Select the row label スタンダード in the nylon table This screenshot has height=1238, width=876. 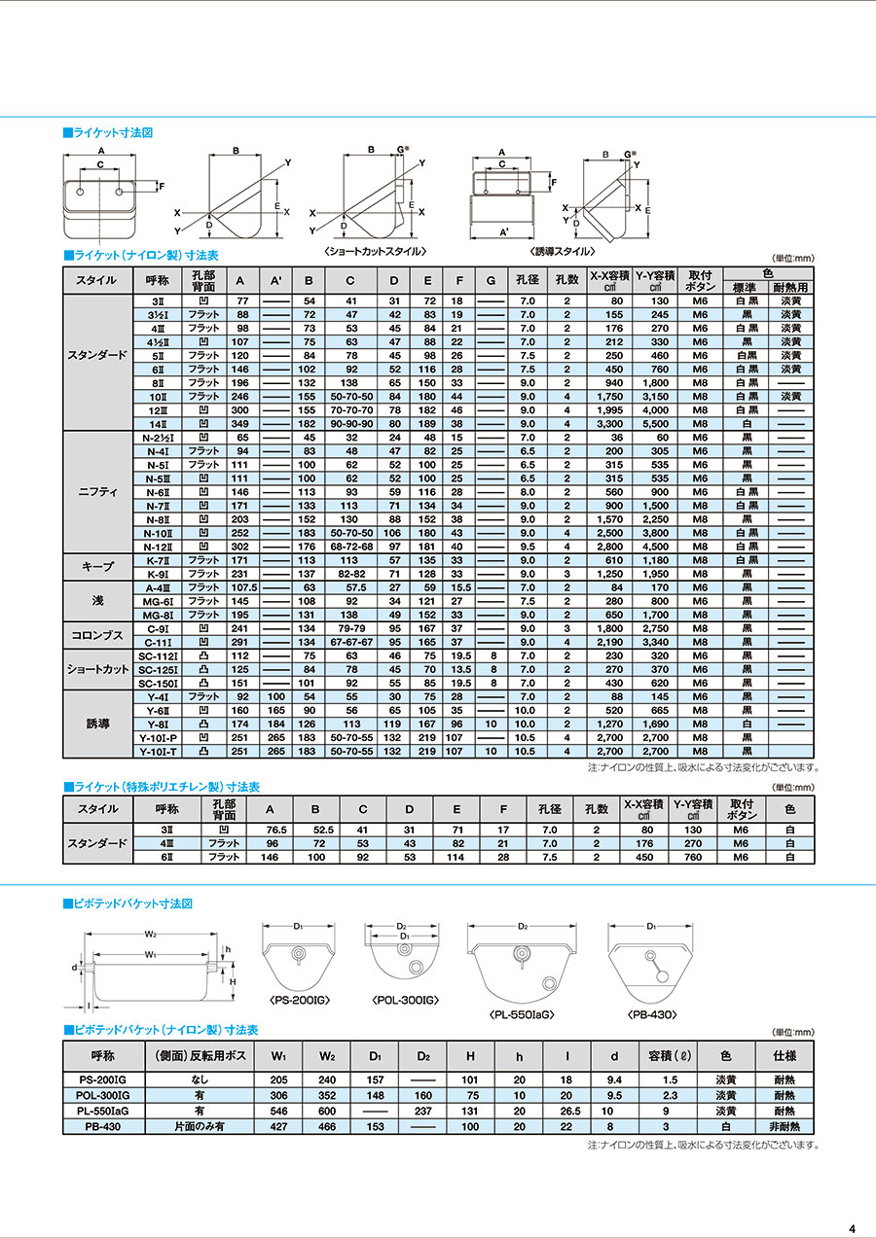point(96,355)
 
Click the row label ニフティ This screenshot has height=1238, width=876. point(96,492)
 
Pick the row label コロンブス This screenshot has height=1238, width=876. point(96,635)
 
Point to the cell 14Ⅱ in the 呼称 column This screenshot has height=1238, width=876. point(156,424)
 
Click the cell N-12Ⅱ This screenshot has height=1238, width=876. point(156,547)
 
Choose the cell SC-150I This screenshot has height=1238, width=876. point(156,683)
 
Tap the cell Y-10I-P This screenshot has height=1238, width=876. point(156,737)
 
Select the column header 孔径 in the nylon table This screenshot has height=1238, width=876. point(527,280)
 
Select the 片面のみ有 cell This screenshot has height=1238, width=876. point(199,1126)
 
